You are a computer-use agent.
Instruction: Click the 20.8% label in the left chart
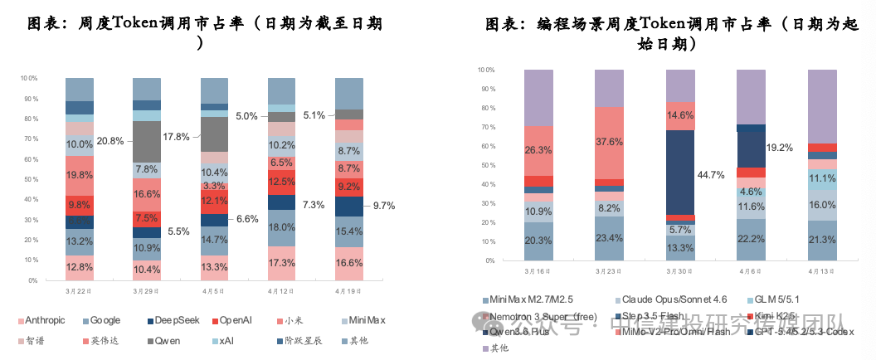(109, 141)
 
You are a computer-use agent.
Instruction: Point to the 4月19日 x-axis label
(348, 292)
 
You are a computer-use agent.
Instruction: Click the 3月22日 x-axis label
(80, 292)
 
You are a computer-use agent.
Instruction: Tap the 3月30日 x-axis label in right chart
(680, 271)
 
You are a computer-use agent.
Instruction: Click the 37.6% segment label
(610, 142)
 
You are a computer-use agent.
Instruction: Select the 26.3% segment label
(538, 150)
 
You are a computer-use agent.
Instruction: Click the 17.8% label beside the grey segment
(177, 137)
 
